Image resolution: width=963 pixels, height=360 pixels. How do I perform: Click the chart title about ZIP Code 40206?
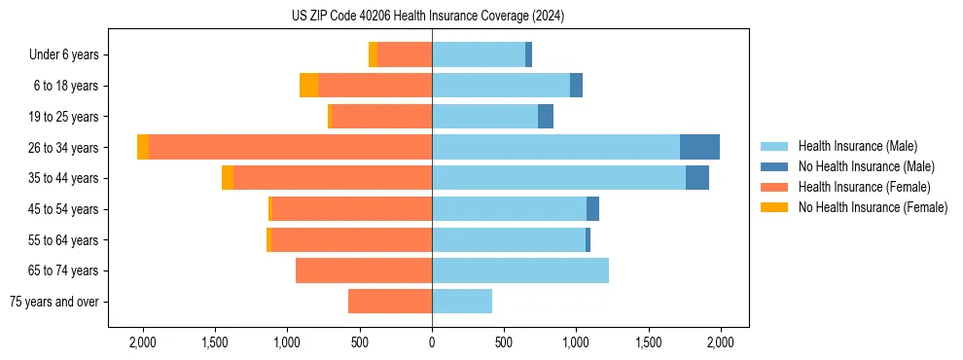[428, 16]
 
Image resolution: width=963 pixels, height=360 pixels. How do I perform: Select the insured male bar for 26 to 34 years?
[555, 147]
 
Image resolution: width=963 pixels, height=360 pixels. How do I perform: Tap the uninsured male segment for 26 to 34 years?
[699, 147]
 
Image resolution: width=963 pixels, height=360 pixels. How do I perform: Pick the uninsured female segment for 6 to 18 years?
[308, 86]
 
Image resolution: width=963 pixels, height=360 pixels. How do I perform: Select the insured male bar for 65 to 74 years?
[520, 270]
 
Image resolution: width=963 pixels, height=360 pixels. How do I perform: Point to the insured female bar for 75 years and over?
[390, 302]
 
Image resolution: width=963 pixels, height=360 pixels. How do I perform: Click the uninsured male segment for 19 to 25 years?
[546, 117]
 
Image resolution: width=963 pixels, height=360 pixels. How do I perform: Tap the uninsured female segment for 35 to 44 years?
[228, 178]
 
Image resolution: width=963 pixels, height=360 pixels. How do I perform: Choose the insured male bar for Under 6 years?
[479, 54]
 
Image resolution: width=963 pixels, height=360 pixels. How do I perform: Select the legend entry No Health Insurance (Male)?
[866, 166]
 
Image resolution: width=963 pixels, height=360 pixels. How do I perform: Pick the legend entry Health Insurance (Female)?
[864, 187]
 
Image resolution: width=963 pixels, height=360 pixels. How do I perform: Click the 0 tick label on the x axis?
[432, 342]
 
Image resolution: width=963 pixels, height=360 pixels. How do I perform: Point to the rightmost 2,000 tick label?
[720, 342]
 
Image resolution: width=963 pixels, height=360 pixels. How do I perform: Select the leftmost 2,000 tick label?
[143, 342]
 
